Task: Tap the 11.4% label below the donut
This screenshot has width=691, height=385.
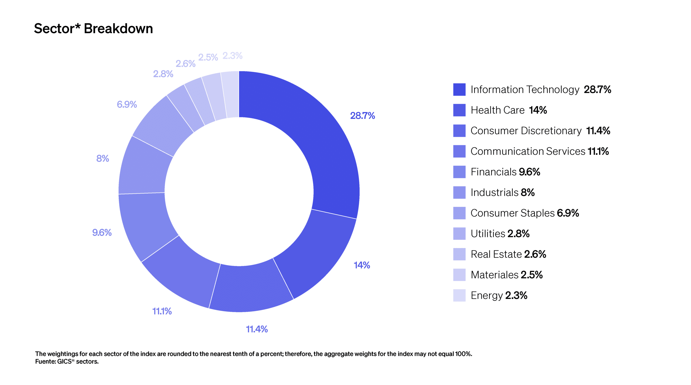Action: point(256,329)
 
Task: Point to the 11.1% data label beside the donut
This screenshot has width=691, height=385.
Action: point(162,311)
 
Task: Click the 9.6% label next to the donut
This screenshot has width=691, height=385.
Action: point(102,232)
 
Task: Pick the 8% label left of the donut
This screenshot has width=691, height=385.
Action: point(103,158)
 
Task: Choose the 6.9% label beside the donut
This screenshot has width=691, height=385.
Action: point(127,104)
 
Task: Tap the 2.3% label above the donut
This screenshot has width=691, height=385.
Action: point(232,56)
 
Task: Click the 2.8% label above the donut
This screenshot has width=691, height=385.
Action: point(163,74)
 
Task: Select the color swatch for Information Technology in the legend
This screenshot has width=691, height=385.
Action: point(459,90)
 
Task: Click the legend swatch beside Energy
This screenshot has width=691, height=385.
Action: point(459,295)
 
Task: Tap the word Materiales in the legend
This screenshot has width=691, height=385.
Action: point(494,275)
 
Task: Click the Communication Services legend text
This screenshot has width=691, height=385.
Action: point(528,151)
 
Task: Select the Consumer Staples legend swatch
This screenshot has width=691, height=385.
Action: point(459,213)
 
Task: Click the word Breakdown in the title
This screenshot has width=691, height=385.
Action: point(118,29)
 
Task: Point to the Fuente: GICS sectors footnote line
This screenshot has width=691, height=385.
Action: point(67,362)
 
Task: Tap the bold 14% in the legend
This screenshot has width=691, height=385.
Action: point(538,110)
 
